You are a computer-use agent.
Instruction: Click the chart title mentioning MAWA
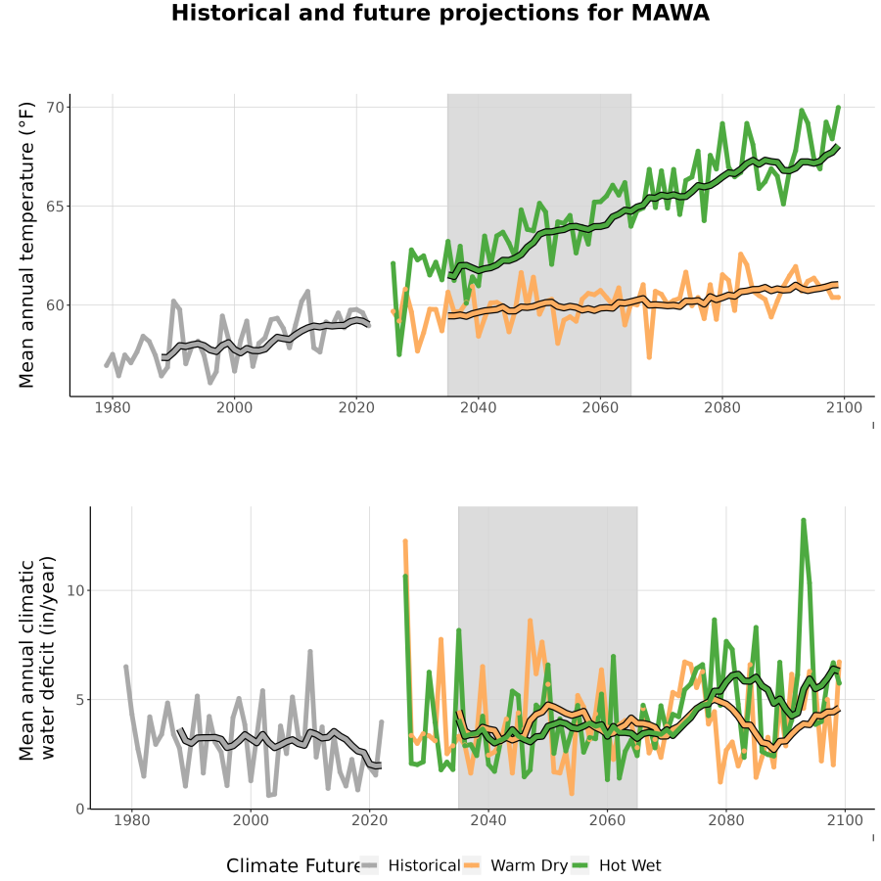coord(440,13)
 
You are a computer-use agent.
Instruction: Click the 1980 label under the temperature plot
coord(113,407)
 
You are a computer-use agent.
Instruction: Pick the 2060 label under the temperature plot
coord(600,407)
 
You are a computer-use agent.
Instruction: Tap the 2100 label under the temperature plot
coord(844,407)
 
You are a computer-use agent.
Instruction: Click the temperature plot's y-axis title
coord(25,245)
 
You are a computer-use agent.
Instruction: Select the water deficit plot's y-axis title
coord(37,658)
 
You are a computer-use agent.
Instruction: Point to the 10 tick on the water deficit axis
coord(75,590)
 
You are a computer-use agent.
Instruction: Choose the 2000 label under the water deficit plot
coord(251,820)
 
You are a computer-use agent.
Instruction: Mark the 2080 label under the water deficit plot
coord(726,820)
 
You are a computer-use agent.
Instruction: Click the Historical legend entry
coord(410,866)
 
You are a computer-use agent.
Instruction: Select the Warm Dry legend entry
coord(515,866)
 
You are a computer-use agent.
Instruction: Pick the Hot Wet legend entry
coord(617,866)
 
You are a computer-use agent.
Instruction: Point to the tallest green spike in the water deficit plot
coord(804,521)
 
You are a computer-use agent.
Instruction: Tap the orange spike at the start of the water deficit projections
coord(405,541)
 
